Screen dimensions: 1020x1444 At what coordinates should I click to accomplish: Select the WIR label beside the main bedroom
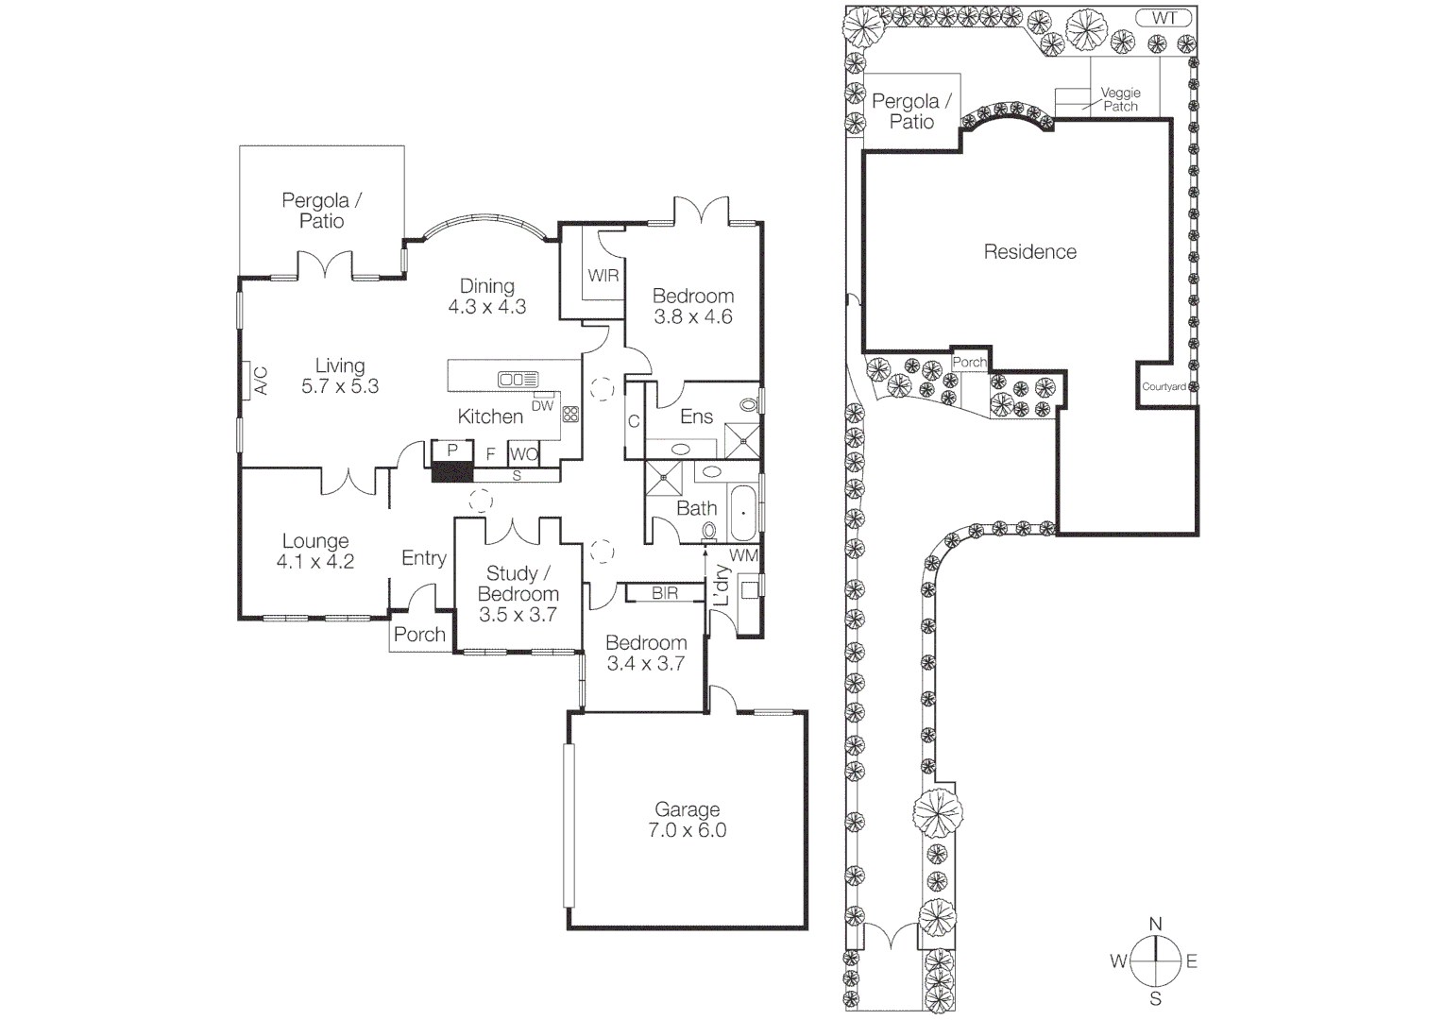click(603, 276)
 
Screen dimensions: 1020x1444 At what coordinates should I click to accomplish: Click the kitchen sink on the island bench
click(518, 380)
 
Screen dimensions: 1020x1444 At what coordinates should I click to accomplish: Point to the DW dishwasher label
click(542, 406)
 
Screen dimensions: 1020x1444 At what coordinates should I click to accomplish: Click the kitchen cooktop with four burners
click(569, 414)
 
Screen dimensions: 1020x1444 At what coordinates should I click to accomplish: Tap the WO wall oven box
click(524, 454)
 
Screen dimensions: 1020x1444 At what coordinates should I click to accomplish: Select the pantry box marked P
click(452, 450)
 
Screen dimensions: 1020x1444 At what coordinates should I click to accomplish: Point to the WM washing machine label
click(743, 556)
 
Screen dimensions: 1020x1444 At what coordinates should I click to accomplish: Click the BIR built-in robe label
click(665, 593)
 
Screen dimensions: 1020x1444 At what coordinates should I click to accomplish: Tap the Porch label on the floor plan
click(419, 635)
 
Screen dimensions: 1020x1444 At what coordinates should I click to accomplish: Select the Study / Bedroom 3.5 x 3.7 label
click(518, 594)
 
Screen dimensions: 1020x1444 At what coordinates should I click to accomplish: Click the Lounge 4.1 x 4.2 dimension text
click(315, 562)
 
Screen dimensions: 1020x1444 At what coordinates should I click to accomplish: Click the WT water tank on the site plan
click(1164, 18)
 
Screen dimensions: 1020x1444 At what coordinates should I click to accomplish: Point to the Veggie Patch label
click(1121, 99)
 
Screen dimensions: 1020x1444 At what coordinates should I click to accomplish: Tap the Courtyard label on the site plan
click(1164, 387)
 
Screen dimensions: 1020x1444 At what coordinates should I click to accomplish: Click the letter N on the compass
click(1155, 925)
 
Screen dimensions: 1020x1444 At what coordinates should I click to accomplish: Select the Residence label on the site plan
click(1029, 252)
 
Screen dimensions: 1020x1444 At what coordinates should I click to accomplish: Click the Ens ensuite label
click(697, 416)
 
